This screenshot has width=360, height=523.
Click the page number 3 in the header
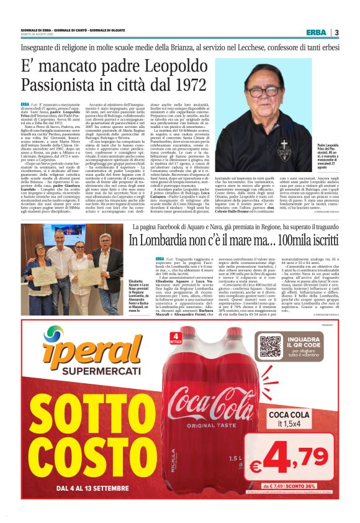[x=336, y=32]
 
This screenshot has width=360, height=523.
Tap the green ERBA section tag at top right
[x=316, y=32]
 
